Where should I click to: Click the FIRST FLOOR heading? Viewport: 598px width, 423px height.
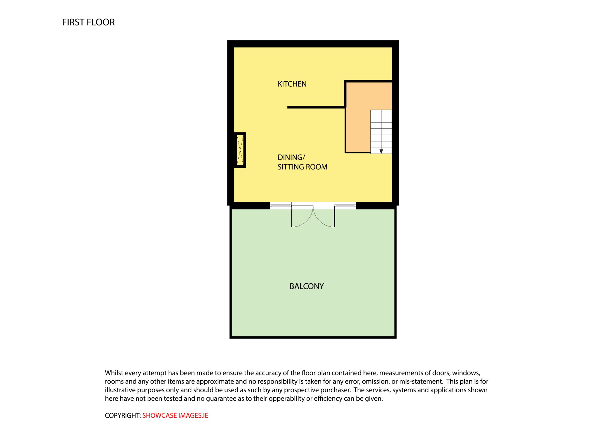88,22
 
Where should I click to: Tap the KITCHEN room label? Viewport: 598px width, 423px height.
292,84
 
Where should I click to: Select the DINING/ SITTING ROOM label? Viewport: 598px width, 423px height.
303,162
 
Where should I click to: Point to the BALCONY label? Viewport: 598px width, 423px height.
307,286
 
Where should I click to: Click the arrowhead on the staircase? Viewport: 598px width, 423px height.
381,151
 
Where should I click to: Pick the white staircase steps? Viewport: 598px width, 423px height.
381,132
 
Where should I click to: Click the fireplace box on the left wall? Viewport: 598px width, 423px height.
240,150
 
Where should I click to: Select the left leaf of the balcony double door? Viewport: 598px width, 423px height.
302,216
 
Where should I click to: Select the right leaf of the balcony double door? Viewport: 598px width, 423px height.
324,216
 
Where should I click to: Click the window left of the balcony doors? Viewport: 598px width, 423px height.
281,206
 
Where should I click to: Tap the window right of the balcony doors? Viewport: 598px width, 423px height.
345,206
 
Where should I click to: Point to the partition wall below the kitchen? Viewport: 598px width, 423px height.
317,108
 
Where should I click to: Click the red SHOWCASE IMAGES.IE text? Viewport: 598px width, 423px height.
175,415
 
